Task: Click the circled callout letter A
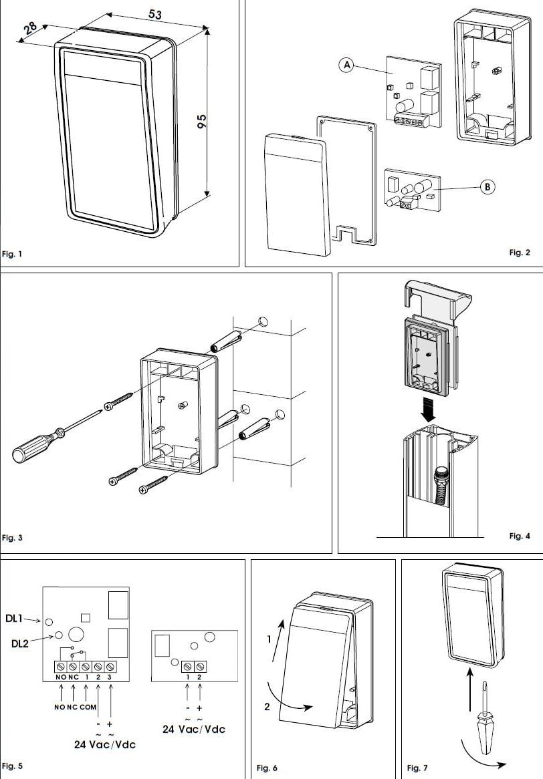click(345, 65)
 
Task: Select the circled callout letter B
click(487, 187)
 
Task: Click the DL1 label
click(15, 619)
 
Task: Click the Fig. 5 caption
click(12, 766)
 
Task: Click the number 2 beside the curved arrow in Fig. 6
click(267, 707)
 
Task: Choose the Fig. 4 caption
click(519, 536)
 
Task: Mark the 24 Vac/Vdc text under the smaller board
click(194, 730)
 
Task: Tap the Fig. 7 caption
click(417, 768)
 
